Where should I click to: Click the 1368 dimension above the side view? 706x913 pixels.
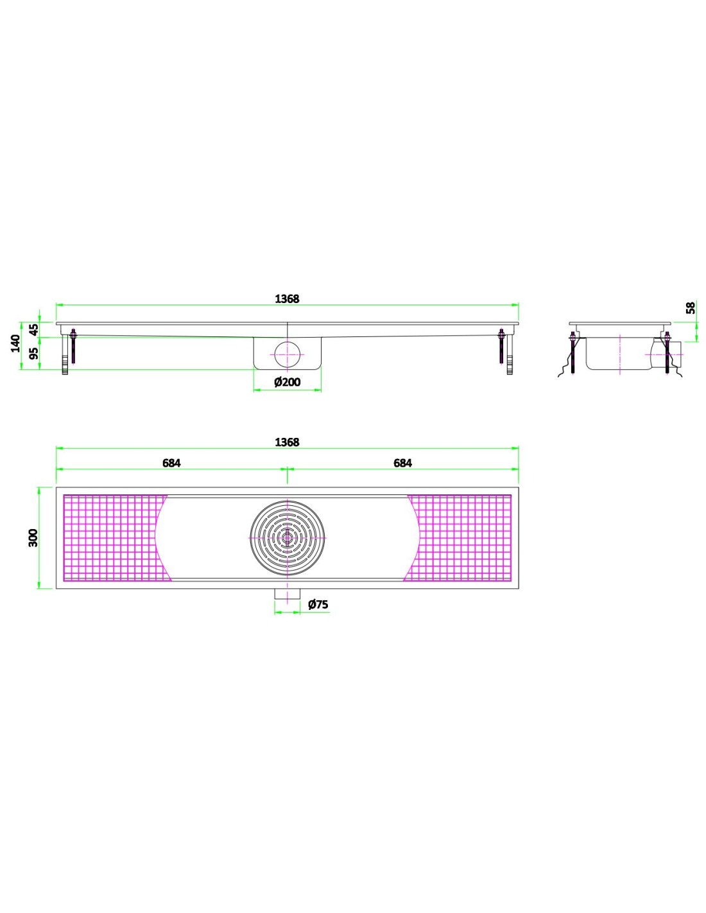coord(287,299)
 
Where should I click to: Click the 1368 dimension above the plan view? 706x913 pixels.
coord(287,442)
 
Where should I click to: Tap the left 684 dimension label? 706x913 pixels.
coord(171,462)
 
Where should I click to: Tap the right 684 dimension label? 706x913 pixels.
coord(402,462)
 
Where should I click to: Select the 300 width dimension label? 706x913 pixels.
coord(33,538)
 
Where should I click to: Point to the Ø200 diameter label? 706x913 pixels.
coord(288,382)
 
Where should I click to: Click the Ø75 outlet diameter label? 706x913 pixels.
coord(318,604)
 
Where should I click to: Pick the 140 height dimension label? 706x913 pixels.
coord(15,343)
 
